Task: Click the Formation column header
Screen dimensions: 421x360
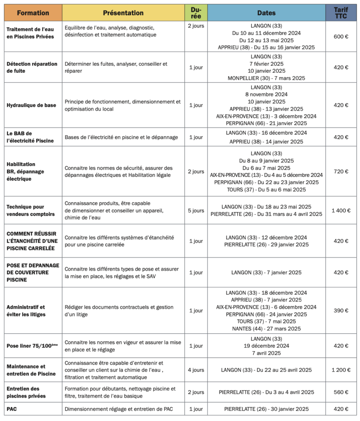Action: [33, 13]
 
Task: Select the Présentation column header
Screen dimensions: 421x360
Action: [123, 13]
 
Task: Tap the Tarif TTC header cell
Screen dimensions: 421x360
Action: [341, 13]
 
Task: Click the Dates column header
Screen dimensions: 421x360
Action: [266, 13]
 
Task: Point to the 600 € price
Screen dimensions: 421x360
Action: [341, 36]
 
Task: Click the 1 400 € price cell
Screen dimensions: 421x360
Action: [341, 210]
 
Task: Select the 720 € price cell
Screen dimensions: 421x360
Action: [341, 171]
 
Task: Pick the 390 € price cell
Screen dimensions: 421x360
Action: [341, 310]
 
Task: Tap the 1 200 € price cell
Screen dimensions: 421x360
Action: [341, 370]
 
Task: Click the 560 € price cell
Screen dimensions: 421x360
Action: [341, 392]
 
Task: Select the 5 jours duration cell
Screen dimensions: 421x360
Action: [196, 210]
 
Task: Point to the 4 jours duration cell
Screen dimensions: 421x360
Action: [196, 370]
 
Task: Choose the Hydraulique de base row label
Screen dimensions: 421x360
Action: [31, 105]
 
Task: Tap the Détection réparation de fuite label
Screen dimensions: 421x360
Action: [32, 67]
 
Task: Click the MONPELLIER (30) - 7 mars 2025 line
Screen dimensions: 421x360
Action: [266, 78]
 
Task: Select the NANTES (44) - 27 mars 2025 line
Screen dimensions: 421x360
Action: [266, 328]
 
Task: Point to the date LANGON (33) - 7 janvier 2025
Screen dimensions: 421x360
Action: [266, 273]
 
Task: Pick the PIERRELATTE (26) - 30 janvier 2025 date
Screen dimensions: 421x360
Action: [266, 409]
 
